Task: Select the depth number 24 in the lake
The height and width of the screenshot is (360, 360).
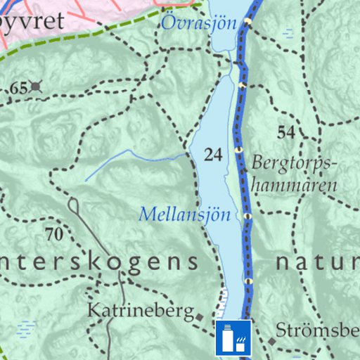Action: [212, 155]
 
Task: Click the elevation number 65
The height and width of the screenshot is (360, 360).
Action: [18, 88]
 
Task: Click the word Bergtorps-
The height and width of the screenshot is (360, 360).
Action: [295, 163]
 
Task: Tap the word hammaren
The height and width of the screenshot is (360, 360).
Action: [295, 186]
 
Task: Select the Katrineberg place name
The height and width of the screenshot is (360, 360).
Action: [139, 310]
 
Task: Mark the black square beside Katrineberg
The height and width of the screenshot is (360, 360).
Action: [200, 316]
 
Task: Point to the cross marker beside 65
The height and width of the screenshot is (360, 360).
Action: [36, 87]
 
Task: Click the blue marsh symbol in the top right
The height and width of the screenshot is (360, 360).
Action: [288, 32]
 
